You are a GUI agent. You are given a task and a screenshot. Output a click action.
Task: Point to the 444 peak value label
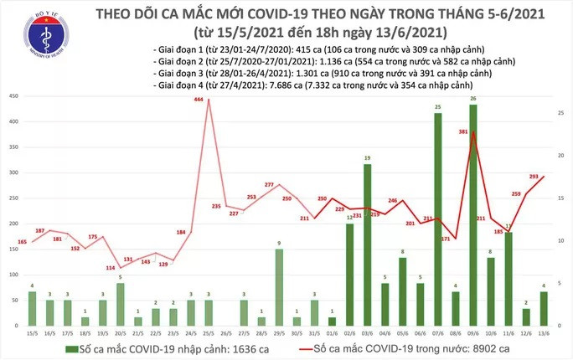[x=199, y=100]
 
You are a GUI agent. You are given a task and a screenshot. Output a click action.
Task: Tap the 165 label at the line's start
[x=22, y=242]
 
